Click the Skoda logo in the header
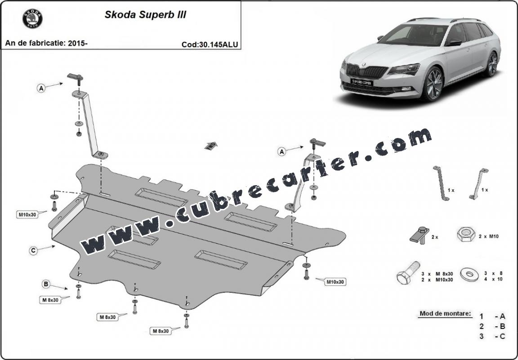pyautogui.click(x=32, y=18)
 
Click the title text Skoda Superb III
pyautogui.click(x=145, y=15)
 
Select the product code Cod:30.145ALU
pyautogui.click(x=210, y=44)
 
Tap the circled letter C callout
pyautogui.click(x=33, y=251)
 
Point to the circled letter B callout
pyautogui.click(x=46, y=284)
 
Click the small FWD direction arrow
pyautogui.click(x=211, y=146)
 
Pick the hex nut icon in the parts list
pyautogui.click(x=466, y=234)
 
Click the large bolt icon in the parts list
pyautogui.click(x=408, y=273)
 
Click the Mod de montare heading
pyautogui.click(x=445, y=313)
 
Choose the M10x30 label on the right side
pyautogui.click(x=335, y=282)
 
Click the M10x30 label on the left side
pyautogui.click(x=27, y=215)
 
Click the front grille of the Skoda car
pyautogui.click(x=367, y=71)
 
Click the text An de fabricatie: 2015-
pyautogui.click(x=46, y=43)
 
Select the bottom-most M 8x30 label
pyautogui.click(x=161, y=331)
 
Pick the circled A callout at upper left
pyautogui.click(x=41, y=88)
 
